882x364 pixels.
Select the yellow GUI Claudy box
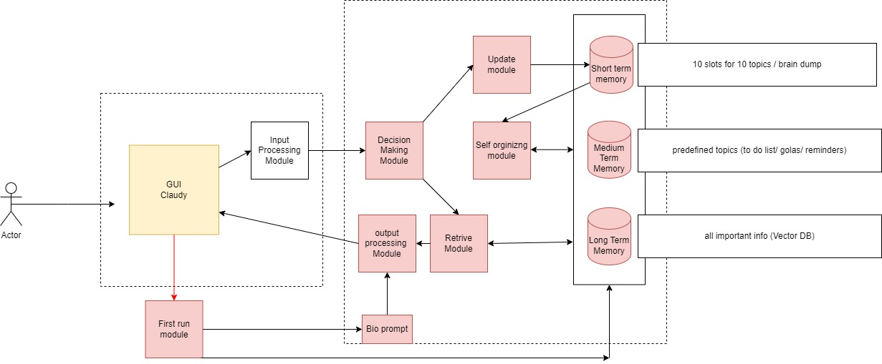tap(174, 190)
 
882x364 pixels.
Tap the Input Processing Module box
tap(279, 150)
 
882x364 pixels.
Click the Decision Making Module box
tap(394, 150)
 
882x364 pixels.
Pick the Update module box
tap(502, 64)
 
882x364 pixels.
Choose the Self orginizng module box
tap(502, 150)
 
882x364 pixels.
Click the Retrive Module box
tap(459, 243)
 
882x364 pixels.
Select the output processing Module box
tap(387, 243)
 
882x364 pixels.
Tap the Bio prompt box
tap(387, 329)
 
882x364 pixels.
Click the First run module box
tap(174, 329)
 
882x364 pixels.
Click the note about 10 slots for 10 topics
tap(759, 64)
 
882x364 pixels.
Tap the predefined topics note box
tap(759, 150)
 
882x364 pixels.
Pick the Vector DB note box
tap(759, 236)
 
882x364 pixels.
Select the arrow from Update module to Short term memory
tap(559, 64)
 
